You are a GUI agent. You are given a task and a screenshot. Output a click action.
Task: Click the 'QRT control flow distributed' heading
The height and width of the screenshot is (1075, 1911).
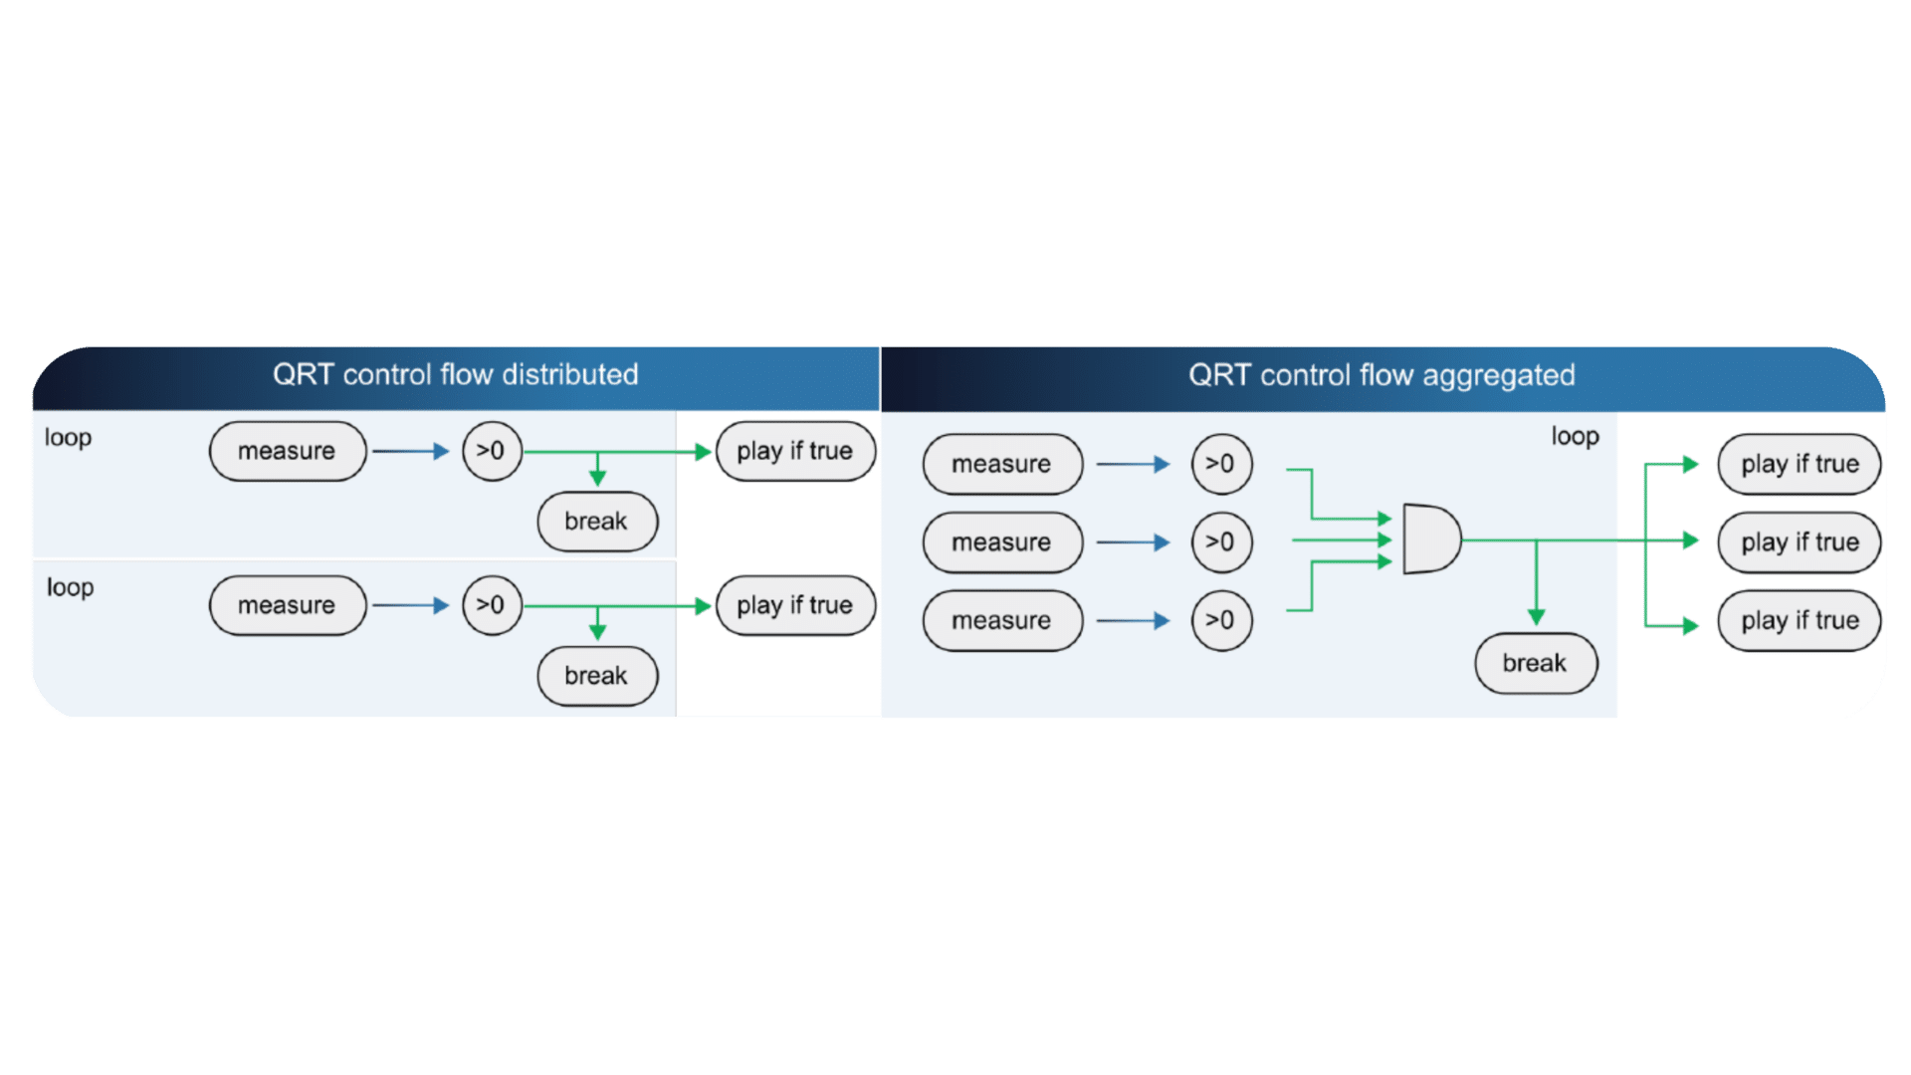click(455, 375)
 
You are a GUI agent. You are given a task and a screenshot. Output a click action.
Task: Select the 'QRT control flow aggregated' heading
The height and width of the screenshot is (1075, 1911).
click(1381, 375)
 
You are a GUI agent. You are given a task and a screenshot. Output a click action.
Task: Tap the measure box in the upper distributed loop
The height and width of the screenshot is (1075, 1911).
click(288, 451)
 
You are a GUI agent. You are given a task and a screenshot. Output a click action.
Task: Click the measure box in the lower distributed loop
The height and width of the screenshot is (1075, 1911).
click(288, 605)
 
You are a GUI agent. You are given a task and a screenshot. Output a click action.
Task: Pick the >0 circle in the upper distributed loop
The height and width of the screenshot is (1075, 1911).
click(492, 451)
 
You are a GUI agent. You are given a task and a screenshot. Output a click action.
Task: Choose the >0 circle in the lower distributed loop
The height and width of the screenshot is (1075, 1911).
click(492, 605)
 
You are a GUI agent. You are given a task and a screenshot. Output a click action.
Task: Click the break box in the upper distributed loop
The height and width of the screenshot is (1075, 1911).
click(597, 522)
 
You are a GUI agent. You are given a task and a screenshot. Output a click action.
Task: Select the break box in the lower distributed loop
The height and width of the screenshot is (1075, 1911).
click(597, 676)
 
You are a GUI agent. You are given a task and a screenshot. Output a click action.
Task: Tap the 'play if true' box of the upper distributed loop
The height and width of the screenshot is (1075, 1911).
click(795, 451)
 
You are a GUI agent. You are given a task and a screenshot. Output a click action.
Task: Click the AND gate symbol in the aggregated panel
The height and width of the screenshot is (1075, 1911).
click(1430, 539)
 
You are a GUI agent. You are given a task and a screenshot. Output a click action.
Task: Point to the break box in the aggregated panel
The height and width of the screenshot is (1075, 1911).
click(1535, 663)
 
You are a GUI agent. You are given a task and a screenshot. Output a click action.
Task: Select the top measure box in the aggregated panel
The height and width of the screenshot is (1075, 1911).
click(1002, 464)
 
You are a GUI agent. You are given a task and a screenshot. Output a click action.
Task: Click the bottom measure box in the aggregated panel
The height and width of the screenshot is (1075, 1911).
click(1002, 621)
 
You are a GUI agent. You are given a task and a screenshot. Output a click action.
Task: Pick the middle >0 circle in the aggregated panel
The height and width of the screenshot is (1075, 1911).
click(1221, 542)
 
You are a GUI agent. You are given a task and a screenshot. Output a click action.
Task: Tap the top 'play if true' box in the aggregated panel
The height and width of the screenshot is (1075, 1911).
click(1800, 464)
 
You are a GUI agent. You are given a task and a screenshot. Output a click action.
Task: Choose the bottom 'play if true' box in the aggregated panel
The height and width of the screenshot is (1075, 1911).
click(1800, 621)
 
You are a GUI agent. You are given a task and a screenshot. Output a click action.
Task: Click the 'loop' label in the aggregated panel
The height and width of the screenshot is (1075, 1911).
click(1575, 436)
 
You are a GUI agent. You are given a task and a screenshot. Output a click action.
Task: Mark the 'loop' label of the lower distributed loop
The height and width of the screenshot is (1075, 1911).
click(70, 587)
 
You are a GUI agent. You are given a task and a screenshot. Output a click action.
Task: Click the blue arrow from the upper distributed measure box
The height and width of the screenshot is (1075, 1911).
click(411, 451)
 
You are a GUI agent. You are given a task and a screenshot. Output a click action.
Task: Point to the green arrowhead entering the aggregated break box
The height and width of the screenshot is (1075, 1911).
click(1536, 617)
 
